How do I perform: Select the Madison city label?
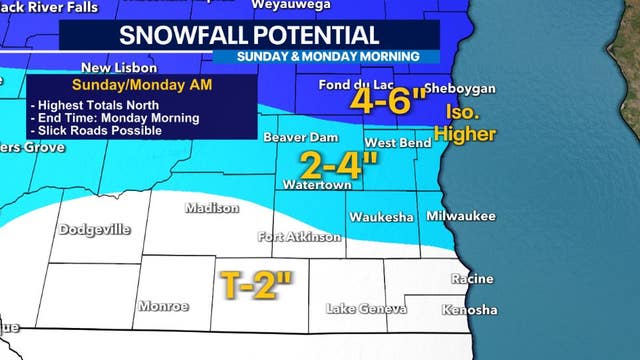[x=212, y=209]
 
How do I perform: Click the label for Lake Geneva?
[x=367, y=309]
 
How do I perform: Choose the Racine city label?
[x=473, y=279]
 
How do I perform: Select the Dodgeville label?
[x=95, y=229]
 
